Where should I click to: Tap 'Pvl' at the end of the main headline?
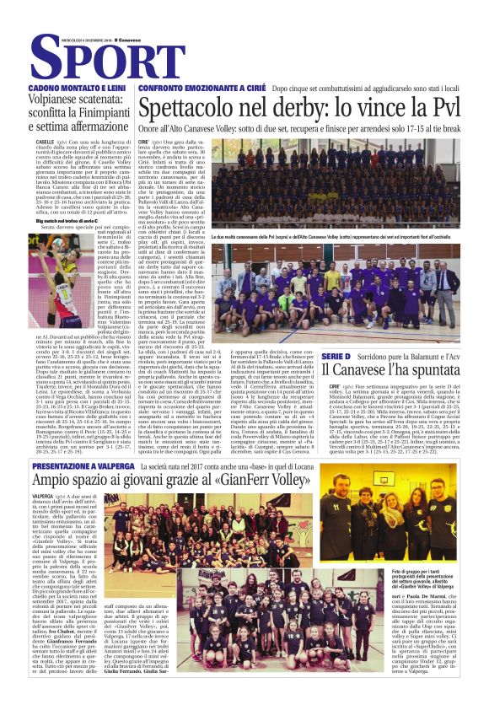tap(439, 109)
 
